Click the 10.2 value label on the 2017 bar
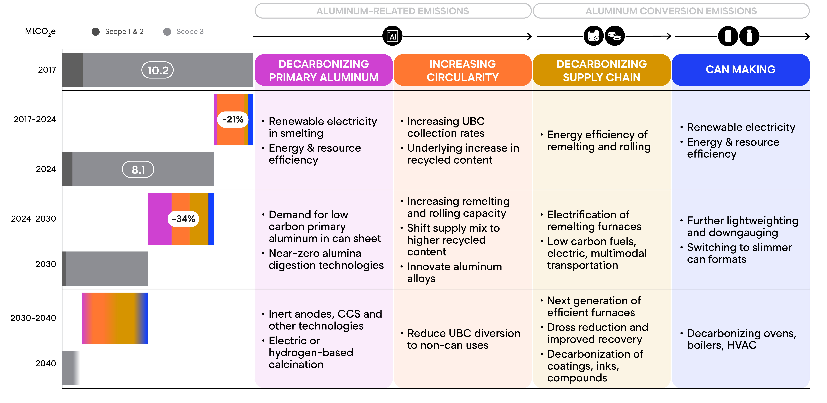[158, 70]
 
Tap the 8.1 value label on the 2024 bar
[138, 170]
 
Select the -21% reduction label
[233, 119]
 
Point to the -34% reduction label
[183, 219]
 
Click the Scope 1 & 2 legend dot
[95, 31]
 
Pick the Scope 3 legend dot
[167, 31]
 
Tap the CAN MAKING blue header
[741, 70]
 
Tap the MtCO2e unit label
[40, 32]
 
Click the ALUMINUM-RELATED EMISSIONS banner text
[393, 11]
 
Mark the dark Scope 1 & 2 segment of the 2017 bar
[73, 70]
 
